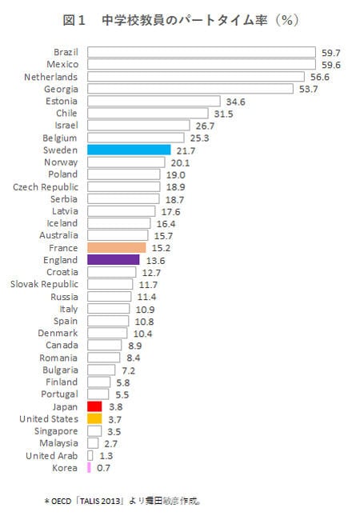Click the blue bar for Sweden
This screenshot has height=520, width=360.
pos(128,150)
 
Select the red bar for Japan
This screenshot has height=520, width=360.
pos(94,406)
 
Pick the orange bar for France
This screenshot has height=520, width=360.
pos(116,248)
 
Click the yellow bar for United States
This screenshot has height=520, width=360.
pos(94,418)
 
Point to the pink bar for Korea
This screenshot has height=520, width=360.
pos(89,467)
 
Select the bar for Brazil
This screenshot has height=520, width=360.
pos(201,52)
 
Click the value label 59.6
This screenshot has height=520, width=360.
pos(330,64)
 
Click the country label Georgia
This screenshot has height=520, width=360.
pos(62,89)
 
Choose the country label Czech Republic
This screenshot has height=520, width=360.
pos(46,186)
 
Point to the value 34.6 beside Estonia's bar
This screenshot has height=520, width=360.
pos(236,102)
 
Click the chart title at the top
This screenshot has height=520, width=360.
pos(180,18)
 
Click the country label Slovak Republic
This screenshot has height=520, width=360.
pos(44,284)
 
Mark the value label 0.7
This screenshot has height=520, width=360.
pos(103,467)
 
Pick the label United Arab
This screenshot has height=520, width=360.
pos(51,455)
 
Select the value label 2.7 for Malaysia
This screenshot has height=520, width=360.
pos(110,443)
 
